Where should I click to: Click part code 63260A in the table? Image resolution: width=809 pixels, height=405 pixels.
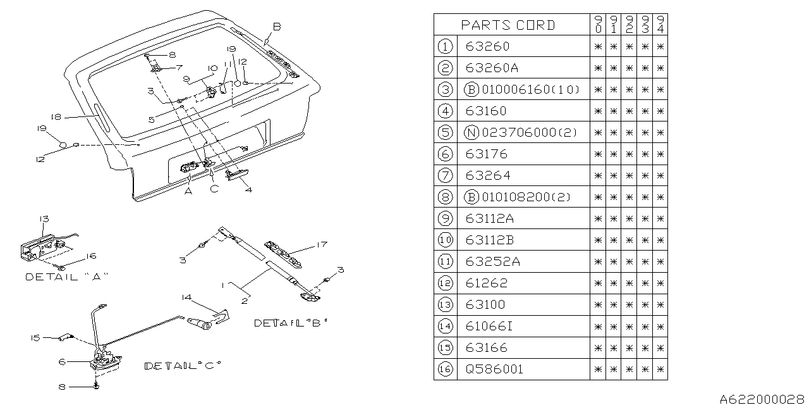[487, 68]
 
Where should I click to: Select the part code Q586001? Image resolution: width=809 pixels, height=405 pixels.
[494, 370]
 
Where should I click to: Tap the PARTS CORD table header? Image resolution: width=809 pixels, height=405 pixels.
[508, 25]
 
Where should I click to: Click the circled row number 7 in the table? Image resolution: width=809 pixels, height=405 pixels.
[446, 175]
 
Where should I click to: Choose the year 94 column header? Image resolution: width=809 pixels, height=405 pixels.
[660, 25]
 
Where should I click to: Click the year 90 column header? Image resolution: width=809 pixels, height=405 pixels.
[598, 25]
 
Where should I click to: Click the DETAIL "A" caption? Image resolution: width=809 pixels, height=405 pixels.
[67, 277]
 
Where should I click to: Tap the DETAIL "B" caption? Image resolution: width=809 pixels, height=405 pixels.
[291, 323]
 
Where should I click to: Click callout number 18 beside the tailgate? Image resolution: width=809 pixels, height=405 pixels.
[56, 117]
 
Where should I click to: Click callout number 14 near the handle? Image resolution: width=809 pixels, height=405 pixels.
[185, 297]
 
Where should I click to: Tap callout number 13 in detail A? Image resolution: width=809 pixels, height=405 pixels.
[44, 220]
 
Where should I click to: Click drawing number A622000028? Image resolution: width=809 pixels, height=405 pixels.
[763, 399]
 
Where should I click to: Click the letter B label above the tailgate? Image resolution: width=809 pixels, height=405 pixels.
[276, 27]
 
